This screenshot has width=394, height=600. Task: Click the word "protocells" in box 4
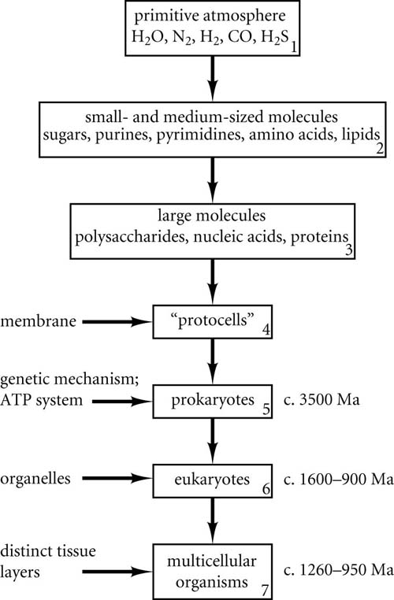click(x=213, y=320)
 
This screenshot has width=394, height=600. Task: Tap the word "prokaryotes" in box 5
click(x=213, y=400)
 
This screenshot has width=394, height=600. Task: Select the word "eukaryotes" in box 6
click(x=212, y=480)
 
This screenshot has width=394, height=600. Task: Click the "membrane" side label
click(x=39, y=321)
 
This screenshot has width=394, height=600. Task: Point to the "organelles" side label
click(x=35, y=479)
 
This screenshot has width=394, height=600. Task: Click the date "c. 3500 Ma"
click(x=322, y=400)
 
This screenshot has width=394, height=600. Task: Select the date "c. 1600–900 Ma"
click(x=339, y=480)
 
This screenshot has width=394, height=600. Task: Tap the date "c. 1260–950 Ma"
click(x=339, y=570)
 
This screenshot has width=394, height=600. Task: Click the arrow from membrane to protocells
click(x=117, y=322)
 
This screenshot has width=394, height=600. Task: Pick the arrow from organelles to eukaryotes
click(x=117, y=478)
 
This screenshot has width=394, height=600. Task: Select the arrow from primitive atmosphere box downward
click(x=213, y=78)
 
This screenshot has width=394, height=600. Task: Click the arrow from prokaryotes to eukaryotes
click(x=213, y=441)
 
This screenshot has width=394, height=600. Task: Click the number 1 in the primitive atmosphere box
click(x=293, y=48)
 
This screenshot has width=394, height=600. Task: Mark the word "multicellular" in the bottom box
click(x=212, y=561)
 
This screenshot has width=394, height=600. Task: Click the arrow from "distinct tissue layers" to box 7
click(x=117, y=572)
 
